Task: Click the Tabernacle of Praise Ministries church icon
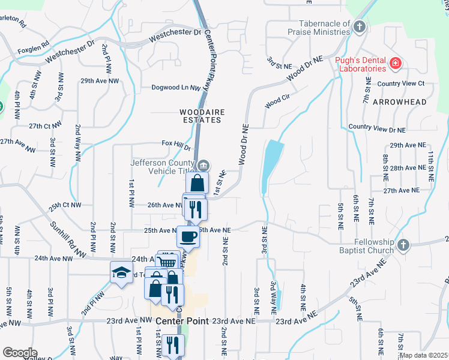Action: click(360, 26)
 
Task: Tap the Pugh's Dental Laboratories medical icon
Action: click(396, 63)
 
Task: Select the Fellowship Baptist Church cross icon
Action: click(403, 244)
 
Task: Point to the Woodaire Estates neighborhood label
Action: click(201, 116)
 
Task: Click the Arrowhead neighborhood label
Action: click(399, 102)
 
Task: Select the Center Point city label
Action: click(182, 321)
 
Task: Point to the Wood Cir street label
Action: click(277, 103)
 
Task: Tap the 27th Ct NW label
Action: click(46, 125)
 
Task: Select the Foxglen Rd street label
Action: click(32, 52)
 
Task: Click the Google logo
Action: click(20, 352)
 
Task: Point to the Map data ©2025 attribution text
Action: click(424, 355)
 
